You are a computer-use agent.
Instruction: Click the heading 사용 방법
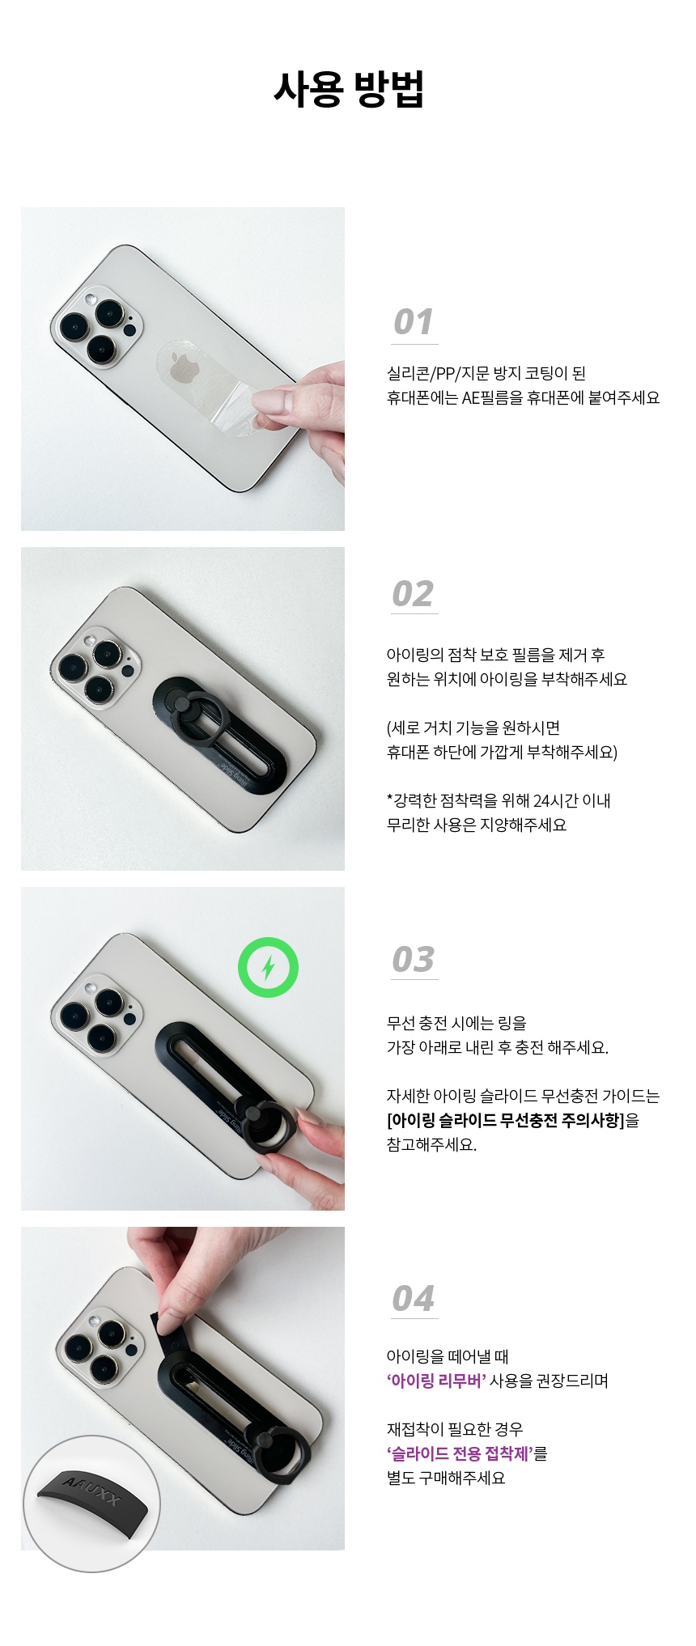click(349, 90)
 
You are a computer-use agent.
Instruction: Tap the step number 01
click(414, 322)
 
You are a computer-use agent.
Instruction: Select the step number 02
click(414, 594)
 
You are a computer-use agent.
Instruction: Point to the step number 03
click(414, 960)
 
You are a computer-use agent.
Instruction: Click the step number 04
click(414, 1299)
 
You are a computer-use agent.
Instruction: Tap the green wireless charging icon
click(268, 967)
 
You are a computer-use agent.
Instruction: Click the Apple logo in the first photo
click(185, 367)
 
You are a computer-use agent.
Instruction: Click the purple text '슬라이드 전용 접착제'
click(460, 1454)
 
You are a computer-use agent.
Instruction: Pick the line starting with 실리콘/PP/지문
click(486, 374)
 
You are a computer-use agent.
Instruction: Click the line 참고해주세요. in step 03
click(432, 1145)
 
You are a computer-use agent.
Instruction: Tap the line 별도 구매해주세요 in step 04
click(446, 1478)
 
